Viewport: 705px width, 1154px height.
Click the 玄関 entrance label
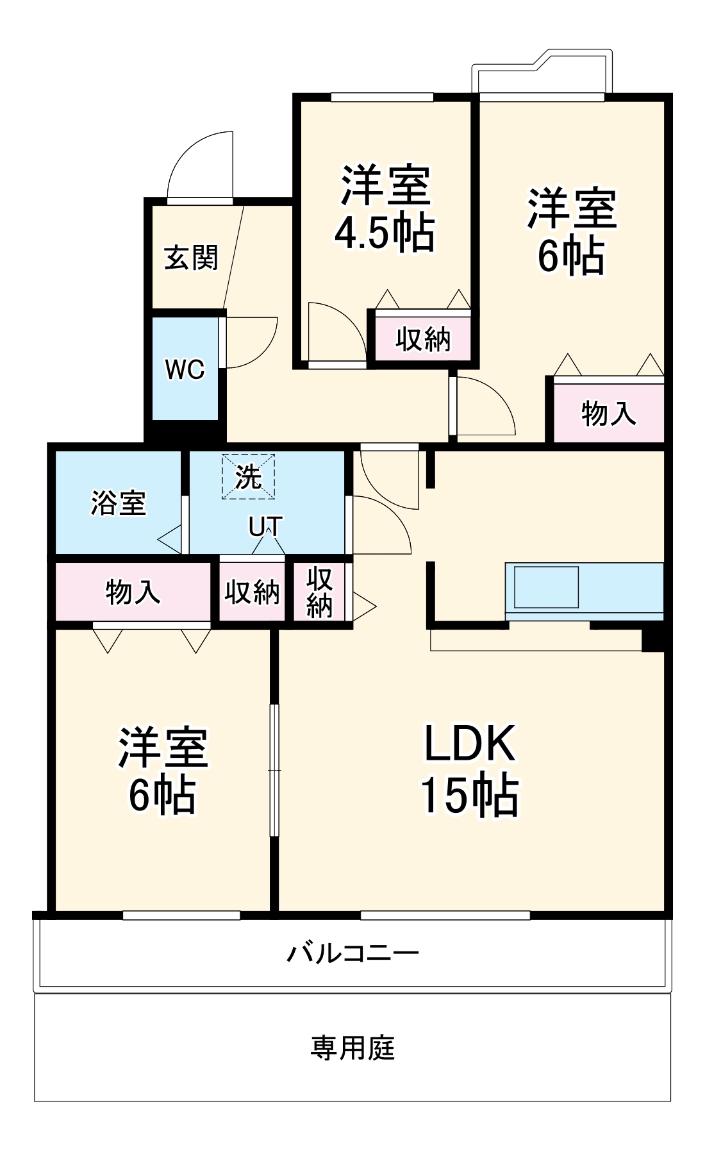click(x=191, y=258)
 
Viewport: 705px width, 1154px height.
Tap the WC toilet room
click(x=185, y=369)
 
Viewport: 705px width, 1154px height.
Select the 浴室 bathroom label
click(x=119, y=503)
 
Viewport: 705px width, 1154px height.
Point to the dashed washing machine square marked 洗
click(x=249, y=476)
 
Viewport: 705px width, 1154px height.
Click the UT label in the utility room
click(x=265, y=527)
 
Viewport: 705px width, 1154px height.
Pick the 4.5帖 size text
click(x=385, y=232)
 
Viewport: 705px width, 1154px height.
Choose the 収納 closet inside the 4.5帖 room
click(x=423, y=339)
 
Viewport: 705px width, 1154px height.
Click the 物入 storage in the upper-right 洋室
click(x=609, y=413)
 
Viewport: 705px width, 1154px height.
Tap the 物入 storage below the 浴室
click(x=133, y=591)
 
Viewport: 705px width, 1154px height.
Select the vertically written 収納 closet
click(x=319, y=592)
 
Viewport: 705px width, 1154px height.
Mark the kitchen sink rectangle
click(x=546, y=587)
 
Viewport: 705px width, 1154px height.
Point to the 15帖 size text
click(x=470, y=795)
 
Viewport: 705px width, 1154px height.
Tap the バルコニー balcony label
click(x=352, y=953)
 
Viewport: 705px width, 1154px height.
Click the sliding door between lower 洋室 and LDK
click(x=274, y=769)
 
